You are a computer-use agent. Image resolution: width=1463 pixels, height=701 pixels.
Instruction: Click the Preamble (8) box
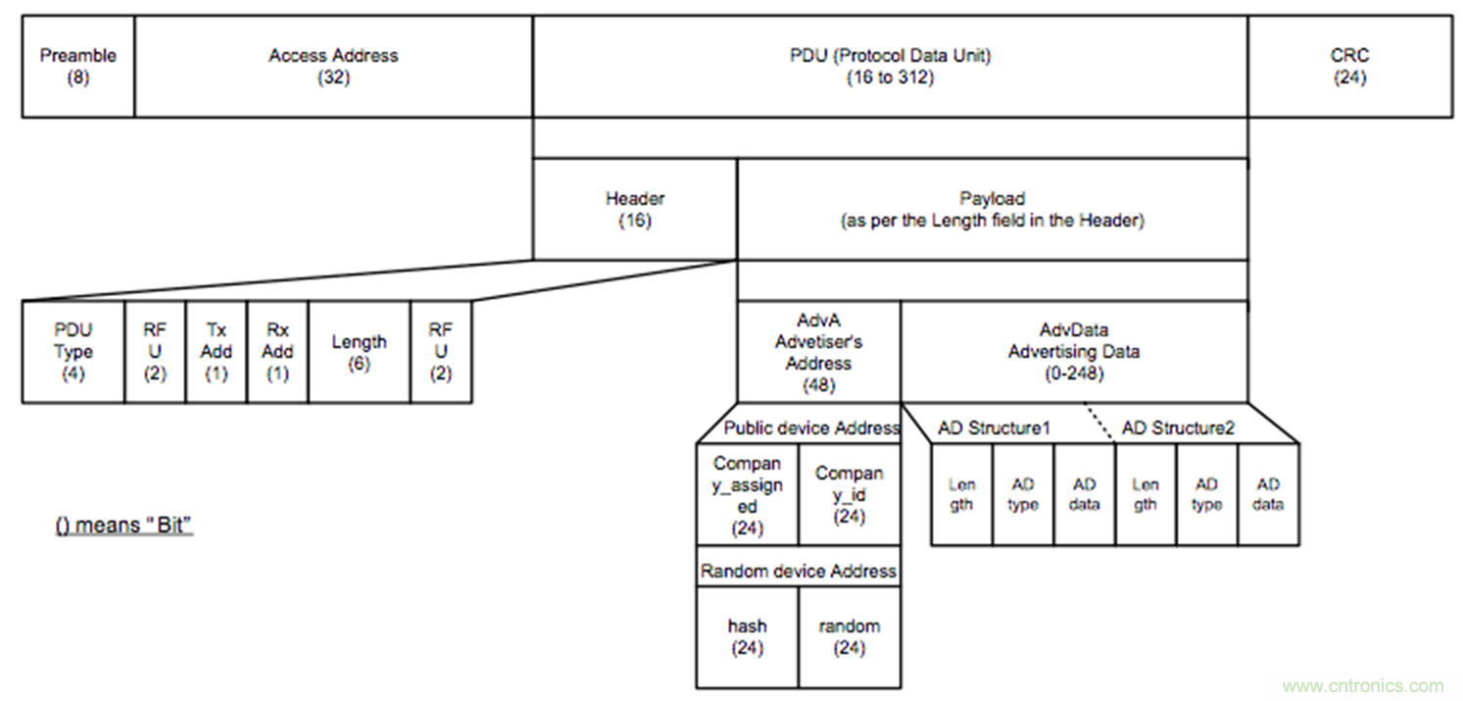[x=77, y=67]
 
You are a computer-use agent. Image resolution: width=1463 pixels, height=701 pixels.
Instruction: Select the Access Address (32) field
[x=333, y=67]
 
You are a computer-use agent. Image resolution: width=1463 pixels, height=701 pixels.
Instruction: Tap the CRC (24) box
[x=1349, y=67]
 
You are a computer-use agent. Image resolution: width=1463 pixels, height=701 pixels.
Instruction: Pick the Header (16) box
[x=634, y=210]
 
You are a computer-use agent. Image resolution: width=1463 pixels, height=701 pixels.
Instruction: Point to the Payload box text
[x=992, y=210]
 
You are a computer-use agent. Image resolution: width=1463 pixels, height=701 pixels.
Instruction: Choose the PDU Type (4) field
[x=73, y=352]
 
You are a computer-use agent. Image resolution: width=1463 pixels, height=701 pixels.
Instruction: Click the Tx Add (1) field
[x=216, y=352]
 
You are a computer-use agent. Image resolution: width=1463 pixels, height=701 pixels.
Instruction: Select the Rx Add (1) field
[x=277, y=352]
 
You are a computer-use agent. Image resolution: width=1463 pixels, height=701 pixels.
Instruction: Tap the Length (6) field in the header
[x=359, y=352]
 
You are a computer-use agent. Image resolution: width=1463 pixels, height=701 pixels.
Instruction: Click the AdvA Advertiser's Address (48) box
[x=818, y=352]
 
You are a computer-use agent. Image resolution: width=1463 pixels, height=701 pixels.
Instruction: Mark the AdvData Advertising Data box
[x=1074, y=352]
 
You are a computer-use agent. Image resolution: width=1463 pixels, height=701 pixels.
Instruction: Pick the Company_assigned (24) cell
[x=747, y=495]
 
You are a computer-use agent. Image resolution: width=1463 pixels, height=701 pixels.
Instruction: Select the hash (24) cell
[x=747, y=636]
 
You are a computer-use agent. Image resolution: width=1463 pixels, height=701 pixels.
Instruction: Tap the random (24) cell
[x=849, y=636]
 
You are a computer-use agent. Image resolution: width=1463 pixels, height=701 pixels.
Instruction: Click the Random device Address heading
[x=798, y=571]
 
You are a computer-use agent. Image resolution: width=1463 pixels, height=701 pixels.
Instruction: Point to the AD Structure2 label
[x=1177, y=427]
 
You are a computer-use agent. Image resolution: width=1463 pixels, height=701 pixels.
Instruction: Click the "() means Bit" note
[x=123, y=526]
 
